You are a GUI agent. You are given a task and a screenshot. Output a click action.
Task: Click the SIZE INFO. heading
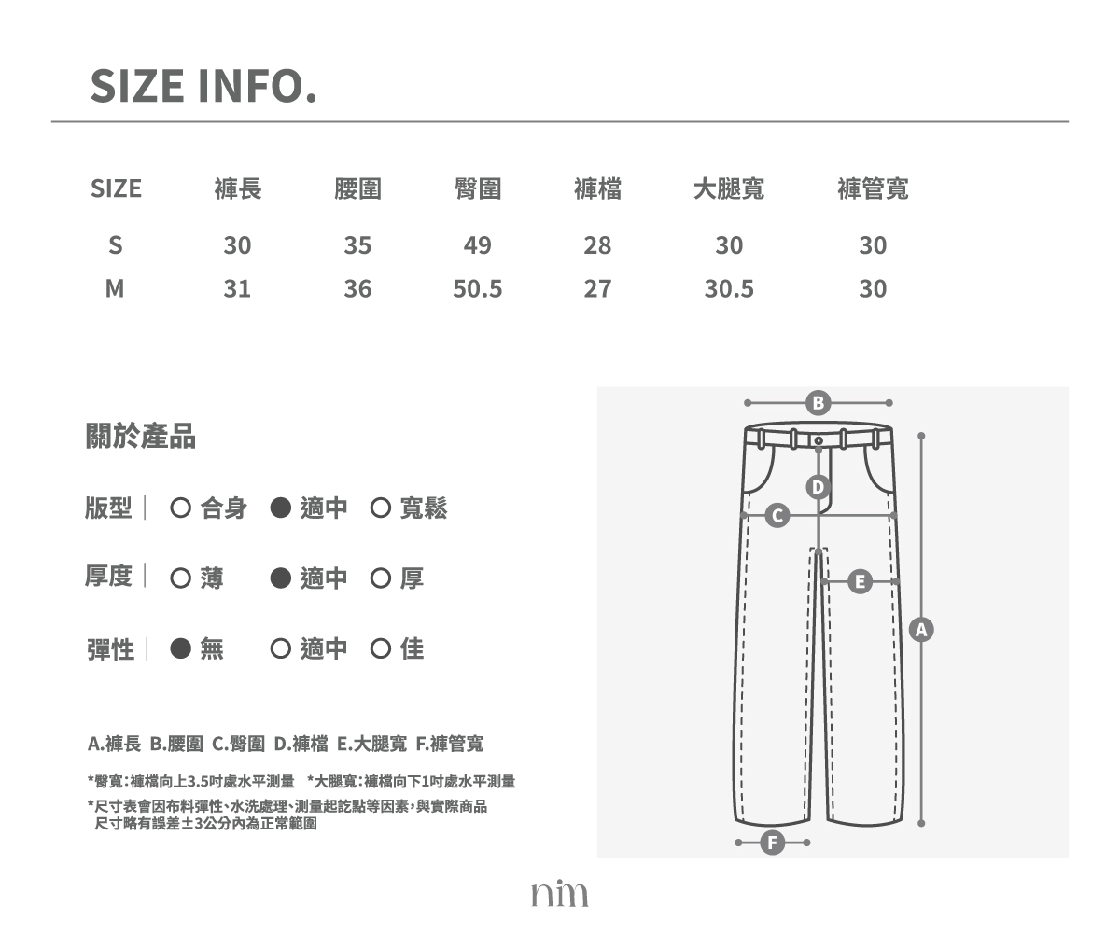point(203,86)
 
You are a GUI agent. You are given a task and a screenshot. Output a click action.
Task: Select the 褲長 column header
point(238,188)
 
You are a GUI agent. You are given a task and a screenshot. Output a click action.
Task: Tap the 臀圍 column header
point(477,188)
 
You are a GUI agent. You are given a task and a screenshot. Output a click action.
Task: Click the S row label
point(116,245)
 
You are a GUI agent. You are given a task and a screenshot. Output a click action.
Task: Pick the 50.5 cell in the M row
point(477,288)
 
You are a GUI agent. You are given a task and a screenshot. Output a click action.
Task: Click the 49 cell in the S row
point(477,245)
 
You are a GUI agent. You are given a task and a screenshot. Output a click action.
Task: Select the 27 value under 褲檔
point(597,288)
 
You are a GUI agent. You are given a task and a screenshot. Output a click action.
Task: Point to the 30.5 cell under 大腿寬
point(729,288)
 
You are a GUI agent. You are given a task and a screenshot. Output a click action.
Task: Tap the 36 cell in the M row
point(357,288)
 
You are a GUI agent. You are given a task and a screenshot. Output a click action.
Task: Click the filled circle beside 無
point(181,648)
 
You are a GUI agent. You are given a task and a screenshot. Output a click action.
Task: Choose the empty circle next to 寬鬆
point(380,508)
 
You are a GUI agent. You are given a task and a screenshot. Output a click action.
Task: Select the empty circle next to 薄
point(181,578)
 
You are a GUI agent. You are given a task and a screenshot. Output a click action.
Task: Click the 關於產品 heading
point(141,436)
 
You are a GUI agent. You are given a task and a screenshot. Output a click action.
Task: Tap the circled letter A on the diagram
point(921,630)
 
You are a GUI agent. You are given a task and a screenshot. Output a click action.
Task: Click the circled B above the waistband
point(818,403)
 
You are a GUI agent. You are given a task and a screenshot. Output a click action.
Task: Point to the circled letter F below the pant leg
point(773,842)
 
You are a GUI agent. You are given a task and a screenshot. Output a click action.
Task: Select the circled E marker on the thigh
point(860,581)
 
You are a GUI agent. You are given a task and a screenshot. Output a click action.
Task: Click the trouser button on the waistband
point(819,440)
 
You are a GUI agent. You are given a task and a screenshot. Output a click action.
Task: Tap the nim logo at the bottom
point(559,894)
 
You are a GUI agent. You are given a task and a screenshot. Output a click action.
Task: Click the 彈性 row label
point(110,649)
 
